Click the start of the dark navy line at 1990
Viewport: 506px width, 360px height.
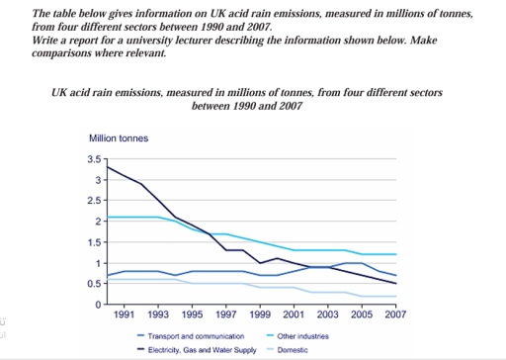(x=107, y=166)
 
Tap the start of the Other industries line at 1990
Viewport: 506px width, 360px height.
(x=107, y=217)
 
